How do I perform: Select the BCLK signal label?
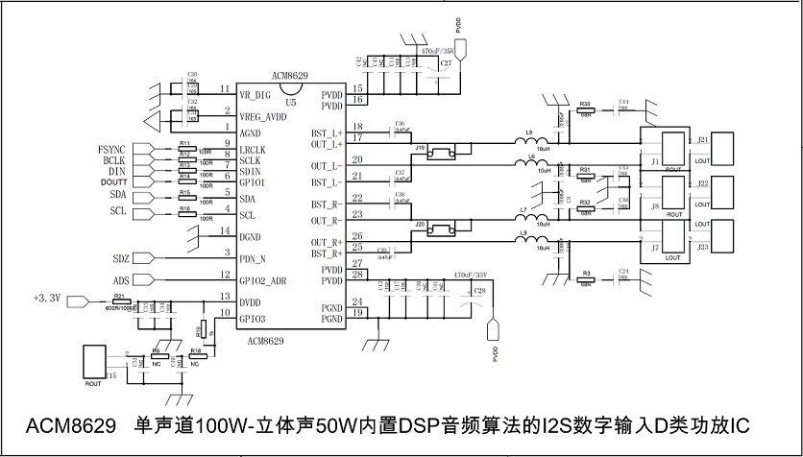(115, 160)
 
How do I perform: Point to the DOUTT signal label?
(113, 181)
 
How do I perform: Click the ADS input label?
(120, 280)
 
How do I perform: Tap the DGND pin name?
(252, 236)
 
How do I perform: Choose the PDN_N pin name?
(254, 258)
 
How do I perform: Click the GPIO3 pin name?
(254, 319)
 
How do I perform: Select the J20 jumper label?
(420, 224)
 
